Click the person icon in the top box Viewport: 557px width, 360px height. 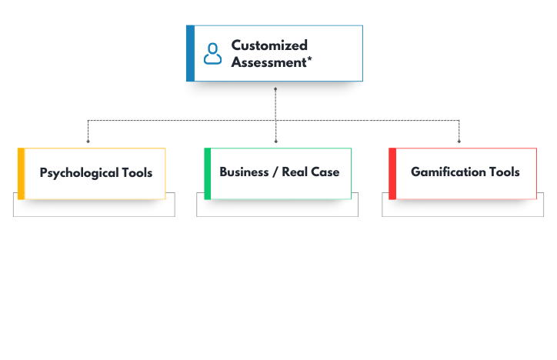(212, 54)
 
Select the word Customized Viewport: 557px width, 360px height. (269, 45)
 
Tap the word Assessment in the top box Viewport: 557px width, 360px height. (267, 62)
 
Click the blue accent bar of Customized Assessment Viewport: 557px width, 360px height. (190, 54)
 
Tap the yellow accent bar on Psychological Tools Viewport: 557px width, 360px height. (21, 174)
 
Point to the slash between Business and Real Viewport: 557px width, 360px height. (275, 172)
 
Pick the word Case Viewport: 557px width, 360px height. (325, 172)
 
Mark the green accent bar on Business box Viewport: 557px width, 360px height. (208, 174)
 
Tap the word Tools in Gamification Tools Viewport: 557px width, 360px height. (504, 172)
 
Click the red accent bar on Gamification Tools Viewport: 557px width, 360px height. (392, 174)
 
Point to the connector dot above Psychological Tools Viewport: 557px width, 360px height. (88, 142)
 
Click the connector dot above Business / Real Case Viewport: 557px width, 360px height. (275, 142)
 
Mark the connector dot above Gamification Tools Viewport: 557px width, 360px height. (459, 142)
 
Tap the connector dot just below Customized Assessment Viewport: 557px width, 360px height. (275, 88)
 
